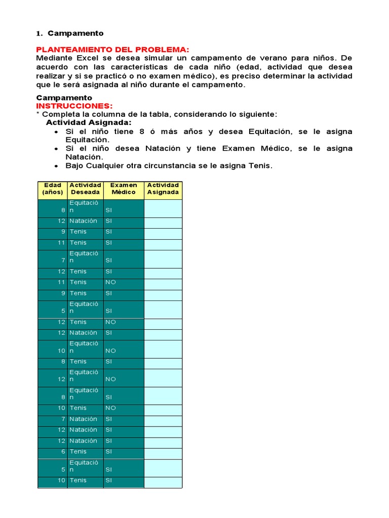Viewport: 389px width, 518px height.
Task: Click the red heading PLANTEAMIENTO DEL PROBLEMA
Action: [x=112, y=49]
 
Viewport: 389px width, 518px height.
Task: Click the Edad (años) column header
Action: [x=53, y=189]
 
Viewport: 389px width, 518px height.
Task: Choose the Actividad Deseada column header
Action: [x=85, y=189]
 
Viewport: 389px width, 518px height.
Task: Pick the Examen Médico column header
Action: [x=124, y=189]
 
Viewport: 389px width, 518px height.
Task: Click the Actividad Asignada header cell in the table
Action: [x=163, y=189]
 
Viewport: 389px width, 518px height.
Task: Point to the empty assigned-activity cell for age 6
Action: [x=163, y=452]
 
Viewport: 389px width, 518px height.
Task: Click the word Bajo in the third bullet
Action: [x=75, y=166]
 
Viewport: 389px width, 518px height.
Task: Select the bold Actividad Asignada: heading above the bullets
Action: [x=89, y=123]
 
